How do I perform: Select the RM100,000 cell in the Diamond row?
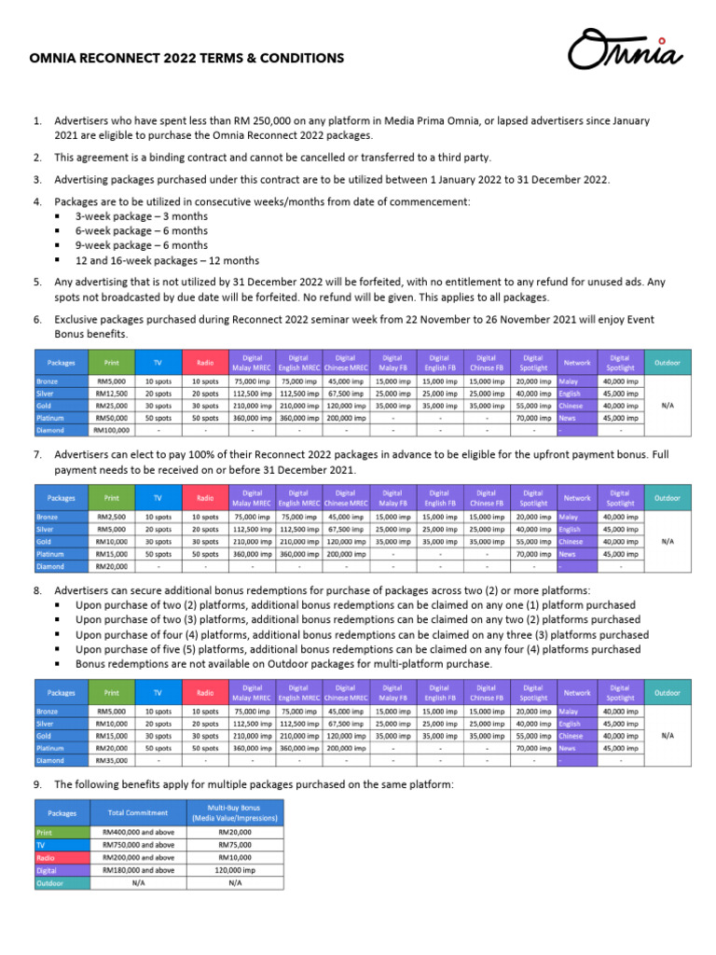112,431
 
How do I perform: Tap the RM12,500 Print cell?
112,394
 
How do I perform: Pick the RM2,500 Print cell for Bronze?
112,517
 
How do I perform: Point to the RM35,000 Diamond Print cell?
112,759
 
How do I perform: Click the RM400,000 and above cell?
138,832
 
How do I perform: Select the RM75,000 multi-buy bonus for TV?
234,845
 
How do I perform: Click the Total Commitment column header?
138,812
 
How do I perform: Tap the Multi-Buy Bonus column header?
234,812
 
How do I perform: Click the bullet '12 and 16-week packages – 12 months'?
167,260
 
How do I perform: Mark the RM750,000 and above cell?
138,845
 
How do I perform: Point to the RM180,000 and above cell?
138,870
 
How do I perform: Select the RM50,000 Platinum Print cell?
112,419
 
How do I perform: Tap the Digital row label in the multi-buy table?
47,870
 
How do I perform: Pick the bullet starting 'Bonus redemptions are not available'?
283,663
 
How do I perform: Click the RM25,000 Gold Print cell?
112,407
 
